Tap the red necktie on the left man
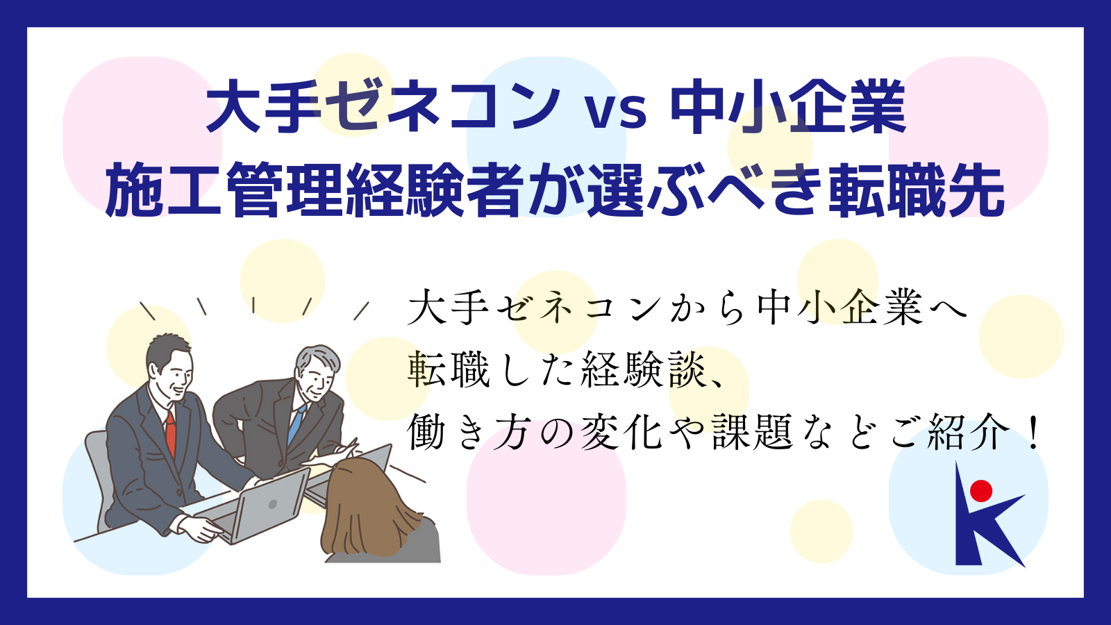tap(171, 433)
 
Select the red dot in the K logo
tap(981, 491)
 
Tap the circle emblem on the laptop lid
tap(272, 504)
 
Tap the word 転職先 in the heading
tap(916, 190)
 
